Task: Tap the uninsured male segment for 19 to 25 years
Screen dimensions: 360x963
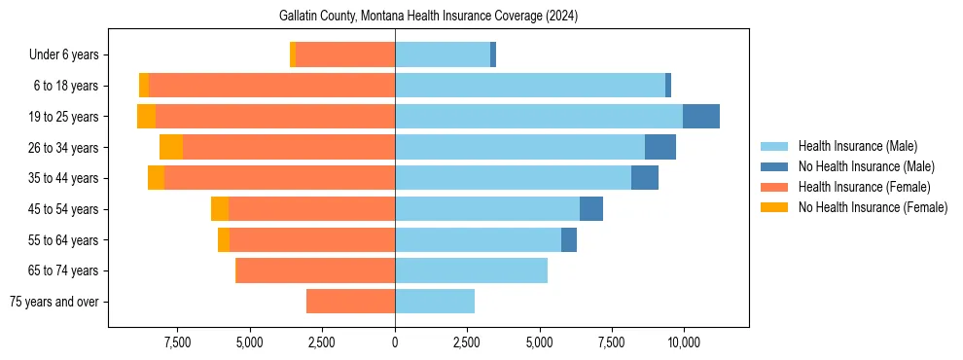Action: (x=700, y=117)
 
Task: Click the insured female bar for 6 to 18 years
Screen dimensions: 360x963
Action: (x=272, y=86)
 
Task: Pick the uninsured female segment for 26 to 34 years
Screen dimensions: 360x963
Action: (x=171, y=147)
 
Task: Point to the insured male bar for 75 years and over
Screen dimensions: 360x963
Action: (x=435, y=302)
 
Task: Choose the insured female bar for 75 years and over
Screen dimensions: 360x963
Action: (x=350, y=302)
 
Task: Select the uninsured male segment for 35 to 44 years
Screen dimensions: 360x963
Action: (x=645, y=178)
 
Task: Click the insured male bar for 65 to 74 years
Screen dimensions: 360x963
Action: (x=471, y=270)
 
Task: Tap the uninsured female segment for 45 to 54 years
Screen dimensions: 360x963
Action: (x=220, y=209)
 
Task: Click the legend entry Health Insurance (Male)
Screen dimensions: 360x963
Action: (x=857, y=146)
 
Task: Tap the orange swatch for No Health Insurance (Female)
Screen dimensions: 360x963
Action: (x=774, y=207)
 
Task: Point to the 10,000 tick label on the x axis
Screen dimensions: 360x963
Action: (x=684, y=342)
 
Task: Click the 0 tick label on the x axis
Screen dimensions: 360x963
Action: (x=395, y=342)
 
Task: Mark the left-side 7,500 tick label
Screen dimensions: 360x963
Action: (x=177, y=342)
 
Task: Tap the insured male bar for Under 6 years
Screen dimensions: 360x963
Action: (x=443, y=55)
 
